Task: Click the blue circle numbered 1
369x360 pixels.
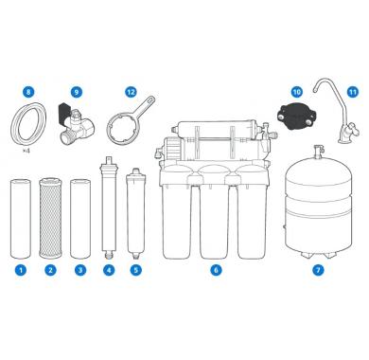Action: click(x=21, y=270)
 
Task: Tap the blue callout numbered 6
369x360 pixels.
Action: click(x=216, y=270)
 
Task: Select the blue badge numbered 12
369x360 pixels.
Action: click(x=131, y=92)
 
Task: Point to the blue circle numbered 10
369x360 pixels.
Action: click(x=296, y=92)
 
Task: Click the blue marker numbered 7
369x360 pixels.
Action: click(x=318, y=270)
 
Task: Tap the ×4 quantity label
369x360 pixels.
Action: click(x=26, y=151)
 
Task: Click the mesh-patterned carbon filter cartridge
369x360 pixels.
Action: click(x=50, y=218)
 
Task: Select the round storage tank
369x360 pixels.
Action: click(x=318, y=208)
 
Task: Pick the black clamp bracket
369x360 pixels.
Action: click(x=295, y=115)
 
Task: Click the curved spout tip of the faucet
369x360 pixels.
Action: click(x=315, y=91)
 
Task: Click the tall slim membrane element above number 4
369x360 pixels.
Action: click(x=109, y=208)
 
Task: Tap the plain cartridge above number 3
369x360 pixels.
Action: click(x=80, y=219)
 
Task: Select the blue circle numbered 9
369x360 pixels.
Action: click(x=77, y=92)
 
